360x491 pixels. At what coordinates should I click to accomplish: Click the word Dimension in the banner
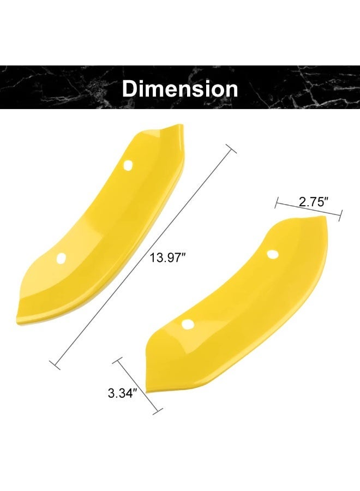[180, 89]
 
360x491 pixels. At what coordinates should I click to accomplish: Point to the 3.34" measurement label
[121, 393]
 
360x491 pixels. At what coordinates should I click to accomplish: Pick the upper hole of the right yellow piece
[273, 254]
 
